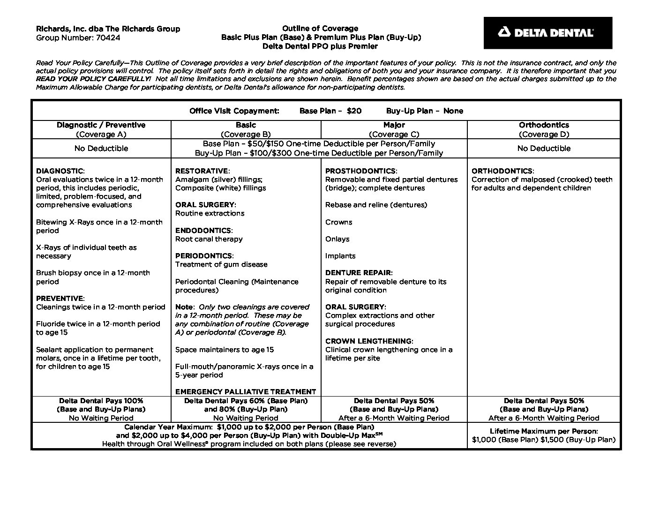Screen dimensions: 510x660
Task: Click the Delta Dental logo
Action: (547, 33)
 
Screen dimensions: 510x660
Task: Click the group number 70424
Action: (108, 37)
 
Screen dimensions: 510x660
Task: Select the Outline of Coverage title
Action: (320, 29)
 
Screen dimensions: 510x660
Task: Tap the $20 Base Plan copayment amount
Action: (354, 111)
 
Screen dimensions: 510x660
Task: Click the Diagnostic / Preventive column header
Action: (101, 125)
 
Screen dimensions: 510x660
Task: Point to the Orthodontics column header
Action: (544, 125)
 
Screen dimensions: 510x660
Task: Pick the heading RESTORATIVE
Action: (202, 171)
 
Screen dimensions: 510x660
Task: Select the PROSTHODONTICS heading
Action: (360, 171)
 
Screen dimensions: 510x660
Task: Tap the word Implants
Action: (340, 256)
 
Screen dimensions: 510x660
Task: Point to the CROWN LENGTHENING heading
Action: (369, 341)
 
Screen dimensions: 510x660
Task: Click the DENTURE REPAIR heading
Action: (359, 273)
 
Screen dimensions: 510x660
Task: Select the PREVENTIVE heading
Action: (60, 299)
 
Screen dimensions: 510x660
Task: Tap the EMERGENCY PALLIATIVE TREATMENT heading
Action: (246, 392)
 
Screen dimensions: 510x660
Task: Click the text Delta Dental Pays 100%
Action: (101, 401)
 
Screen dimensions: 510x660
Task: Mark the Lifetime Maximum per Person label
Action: (544, 431)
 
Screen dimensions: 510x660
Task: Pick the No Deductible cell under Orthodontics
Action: (544, 149)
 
